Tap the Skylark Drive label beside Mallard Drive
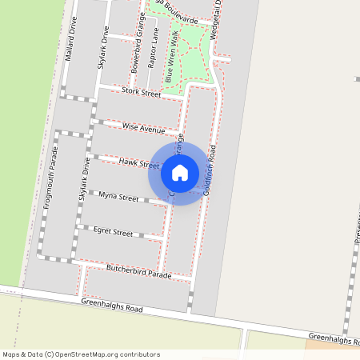[x=102, y=47]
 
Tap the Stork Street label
[x=142, y=93]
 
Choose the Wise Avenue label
[x=143, y=128]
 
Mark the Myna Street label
[x=118, y=197]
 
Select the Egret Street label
[x=113, y=232]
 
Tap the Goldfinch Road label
[x=210, y=170]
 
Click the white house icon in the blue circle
[x=180, y=173]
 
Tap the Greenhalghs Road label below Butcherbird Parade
[x=111, y=308]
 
